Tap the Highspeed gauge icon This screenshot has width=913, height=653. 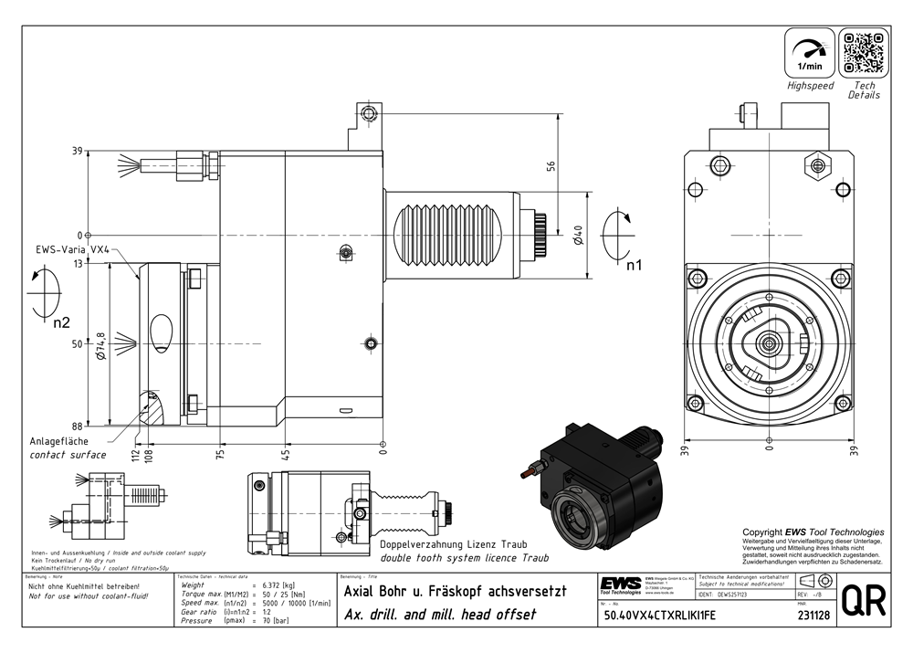pos(810,52)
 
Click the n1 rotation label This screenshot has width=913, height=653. pos(634,265)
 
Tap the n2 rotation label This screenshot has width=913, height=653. pos(61,322)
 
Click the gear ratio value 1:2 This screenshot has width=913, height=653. pos(268,611)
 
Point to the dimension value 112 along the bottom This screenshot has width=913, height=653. pos(134,454)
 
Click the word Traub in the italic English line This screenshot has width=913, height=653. pos(532,558)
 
